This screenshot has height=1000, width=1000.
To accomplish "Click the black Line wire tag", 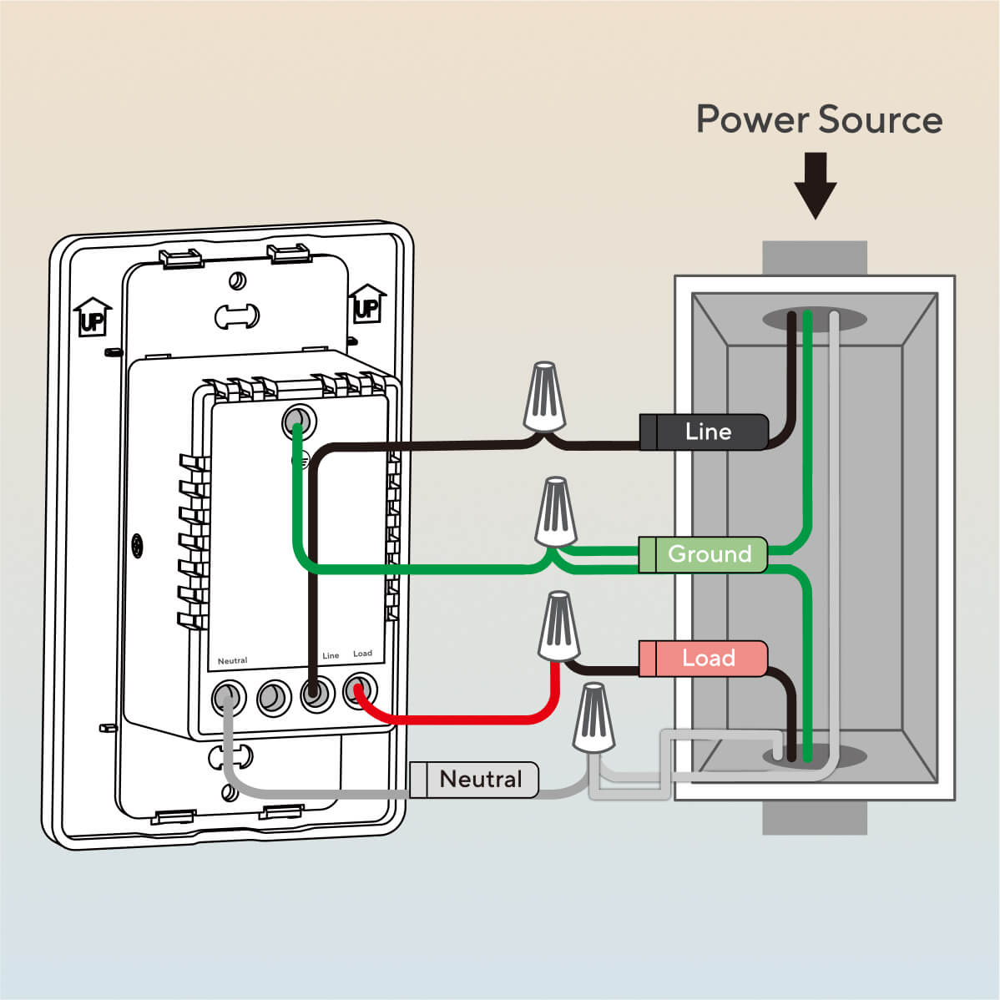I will (x=704, y=432).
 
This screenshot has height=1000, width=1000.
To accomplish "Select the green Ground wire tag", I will (x=703, y=554).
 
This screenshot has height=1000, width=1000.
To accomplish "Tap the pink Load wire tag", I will (x=703, y=658).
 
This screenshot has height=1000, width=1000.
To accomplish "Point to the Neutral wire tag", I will (x=474, y=780).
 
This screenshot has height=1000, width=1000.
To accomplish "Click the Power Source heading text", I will (x=819, y=119).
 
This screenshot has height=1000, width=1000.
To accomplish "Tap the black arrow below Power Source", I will (x=815, y=185).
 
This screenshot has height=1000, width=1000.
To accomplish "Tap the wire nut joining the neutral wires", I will (x=594, y=717).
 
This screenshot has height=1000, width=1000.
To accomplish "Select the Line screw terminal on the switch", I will (x=316, y=693).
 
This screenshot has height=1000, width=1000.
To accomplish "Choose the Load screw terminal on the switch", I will (x=360, y=690).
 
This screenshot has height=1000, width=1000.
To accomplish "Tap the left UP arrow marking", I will (x=92, y=316).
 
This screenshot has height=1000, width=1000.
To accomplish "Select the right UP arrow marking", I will (x=366, y=304).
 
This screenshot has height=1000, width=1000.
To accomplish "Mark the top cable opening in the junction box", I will (x=814, y=319).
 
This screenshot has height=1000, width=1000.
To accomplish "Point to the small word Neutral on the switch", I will (x=232, y=661).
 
